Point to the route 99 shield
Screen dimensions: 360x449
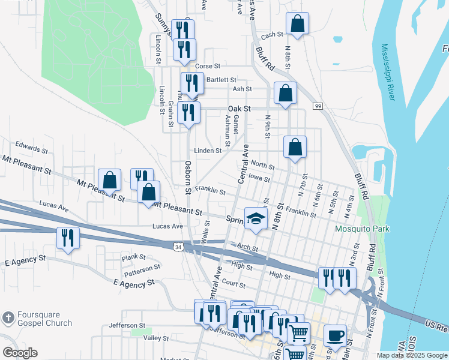(x=318, y=106)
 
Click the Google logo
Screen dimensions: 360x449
(x=20, y=353)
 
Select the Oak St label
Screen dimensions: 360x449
(x=238, y=109)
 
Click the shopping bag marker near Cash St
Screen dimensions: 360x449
(x=297, y=25)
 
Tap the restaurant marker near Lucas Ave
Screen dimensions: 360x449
(x=68, y=238)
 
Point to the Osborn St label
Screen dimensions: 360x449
(x=188, y=177)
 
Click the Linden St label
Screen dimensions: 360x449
(x=208, y=151)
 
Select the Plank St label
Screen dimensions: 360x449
(x=130, y=257)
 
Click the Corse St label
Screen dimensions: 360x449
(x=208, y=65)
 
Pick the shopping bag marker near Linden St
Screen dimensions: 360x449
(x=295, y=147)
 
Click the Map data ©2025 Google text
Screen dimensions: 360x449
(x=411, y=355)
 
